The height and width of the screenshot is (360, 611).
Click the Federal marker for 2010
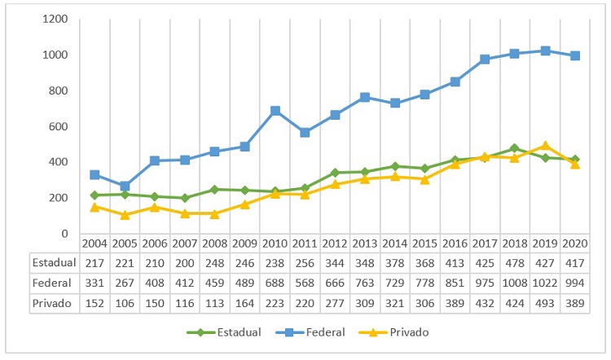(x=275, y=111)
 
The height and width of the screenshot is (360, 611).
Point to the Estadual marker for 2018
(x=515, y=148)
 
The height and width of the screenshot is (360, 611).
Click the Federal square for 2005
(x=125, y=186)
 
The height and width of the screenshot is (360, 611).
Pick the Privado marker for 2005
(x=125, y=215)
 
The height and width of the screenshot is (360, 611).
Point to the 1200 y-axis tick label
(x=55, y=19)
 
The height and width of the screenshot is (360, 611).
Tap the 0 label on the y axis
(x=65, y=234)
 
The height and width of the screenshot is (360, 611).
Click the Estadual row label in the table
(x=53, y=262)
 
